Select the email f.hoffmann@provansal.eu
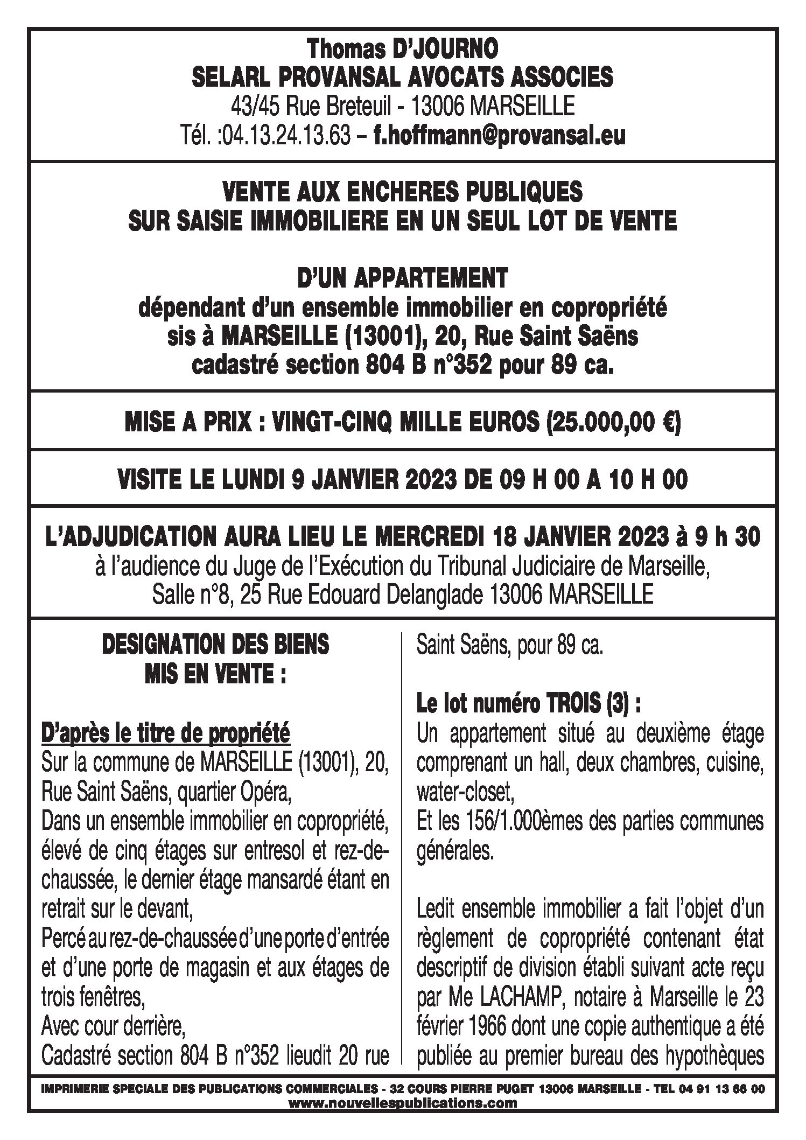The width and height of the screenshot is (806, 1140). point(500,135)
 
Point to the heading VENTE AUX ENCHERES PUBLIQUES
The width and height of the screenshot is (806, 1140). point(402,192)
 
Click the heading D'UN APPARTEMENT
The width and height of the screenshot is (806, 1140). point(402,279)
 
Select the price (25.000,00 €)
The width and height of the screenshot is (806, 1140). point(614,423)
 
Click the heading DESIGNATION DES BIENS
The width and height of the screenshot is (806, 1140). point(215,645)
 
